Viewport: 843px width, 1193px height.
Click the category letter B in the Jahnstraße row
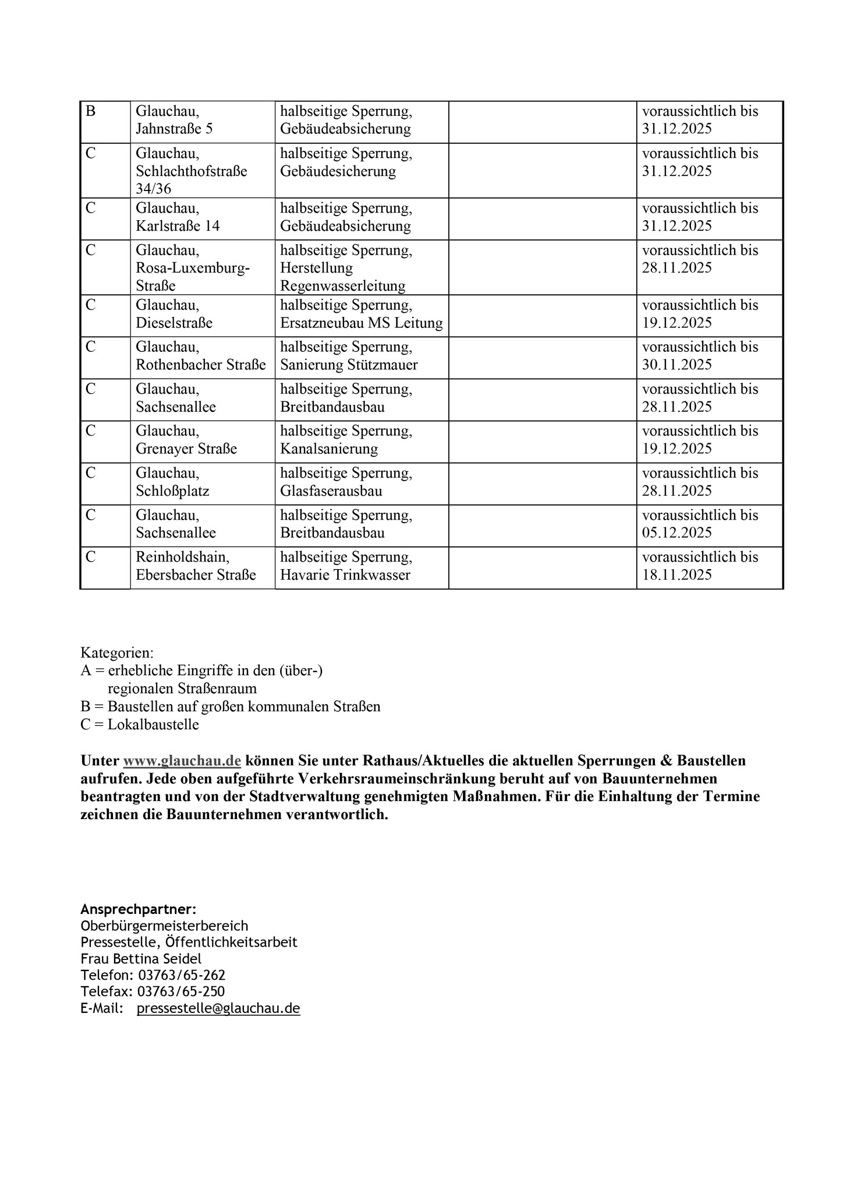90,111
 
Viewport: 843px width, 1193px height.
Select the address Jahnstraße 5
174,129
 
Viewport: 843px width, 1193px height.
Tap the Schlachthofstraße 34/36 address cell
191,171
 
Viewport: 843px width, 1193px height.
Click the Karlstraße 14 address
178,226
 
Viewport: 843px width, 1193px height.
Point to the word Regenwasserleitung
342,286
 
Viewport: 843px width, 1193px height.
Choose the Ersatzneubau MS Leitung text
361,323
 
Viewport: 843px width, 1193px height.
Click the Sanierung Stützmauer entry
349,365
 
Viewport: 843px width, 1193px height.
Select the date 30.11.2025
676,365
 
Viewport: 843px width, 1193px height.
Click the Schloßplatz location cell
172,491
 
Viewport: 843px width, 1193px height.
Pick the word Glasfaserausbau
331,491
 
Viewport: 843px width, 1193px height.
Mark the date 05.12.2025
676,533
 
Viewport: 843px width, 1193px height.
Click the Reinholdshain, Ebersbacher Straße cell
196,566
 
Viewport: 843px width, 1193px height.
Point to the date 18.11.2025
676,576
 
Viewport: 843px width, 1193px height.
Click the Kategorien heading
116,652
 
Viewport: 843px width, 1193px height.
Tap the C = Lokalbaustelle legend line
140,725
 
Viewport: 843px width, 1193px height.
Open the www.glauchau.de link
182,761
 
